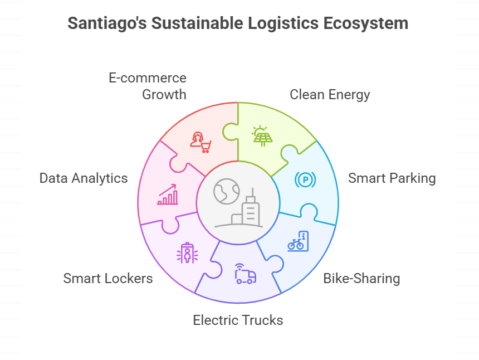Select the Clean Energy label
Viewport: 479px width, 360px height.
tap(330, 94)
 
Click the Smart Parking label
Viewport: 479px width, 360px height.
tap(392, 178)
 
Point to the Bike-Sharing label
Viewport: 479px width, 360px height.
tap(361, 278)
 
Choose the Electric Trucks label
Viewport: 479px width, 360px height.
tap(238, 320)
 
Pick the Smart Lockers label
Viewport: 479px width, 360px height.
tap(108, 278)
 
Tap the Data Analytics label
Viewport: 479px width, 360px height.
tap(84, 178)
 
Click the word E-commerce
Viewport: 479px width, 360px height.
tap(148, 77)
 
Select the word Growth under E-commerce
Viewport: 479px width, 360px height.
tap(164, 94)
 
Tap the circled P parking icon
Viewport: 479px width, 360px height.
tap(305, 179)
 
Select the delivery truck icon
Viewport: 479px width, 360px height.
tap(246, 274)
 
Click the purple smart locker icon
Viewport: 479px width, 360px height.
tap(187, 253)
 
